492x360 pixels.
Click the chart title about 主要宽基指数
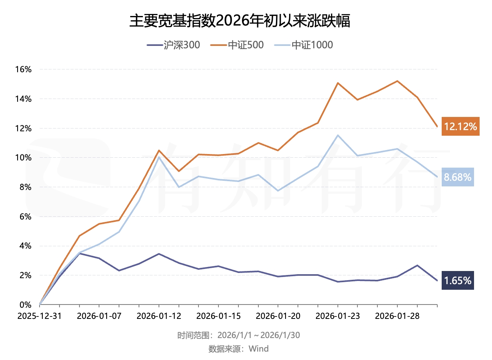click(x=240, y=21)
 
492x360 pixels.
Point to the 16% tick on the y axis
click(x=23, y=69)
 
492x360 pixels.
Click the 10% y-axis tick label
click(x=23, y=158)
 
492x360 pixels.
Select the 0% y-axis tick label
click(x=26, y=305)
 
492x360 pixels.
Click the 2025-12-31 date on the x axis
click(x=40, y=316)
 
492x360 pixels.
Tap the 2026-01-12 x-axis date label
click(x=159, y=316)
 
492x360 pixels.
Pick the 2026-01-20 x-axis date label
click(x=278, y=316)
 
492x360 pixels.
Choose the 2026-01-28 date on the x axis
click(x=397, y=316)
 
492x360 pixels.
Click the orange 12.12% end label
click(x=460, y=127)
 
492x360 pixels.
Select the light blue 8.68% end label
click(x=458, y=177)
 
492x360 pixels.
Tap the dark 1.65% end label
click(x=458, y=281)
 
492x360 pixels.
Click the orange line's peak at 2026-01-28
click(x=397, y=81)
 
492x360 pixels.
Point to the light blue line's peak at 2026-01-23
click(x=338, y=135)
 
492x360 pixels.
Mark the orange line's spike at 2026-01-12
click(x=159, y=150)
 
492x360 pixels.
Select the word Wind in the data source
click(x=259, y=349)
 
